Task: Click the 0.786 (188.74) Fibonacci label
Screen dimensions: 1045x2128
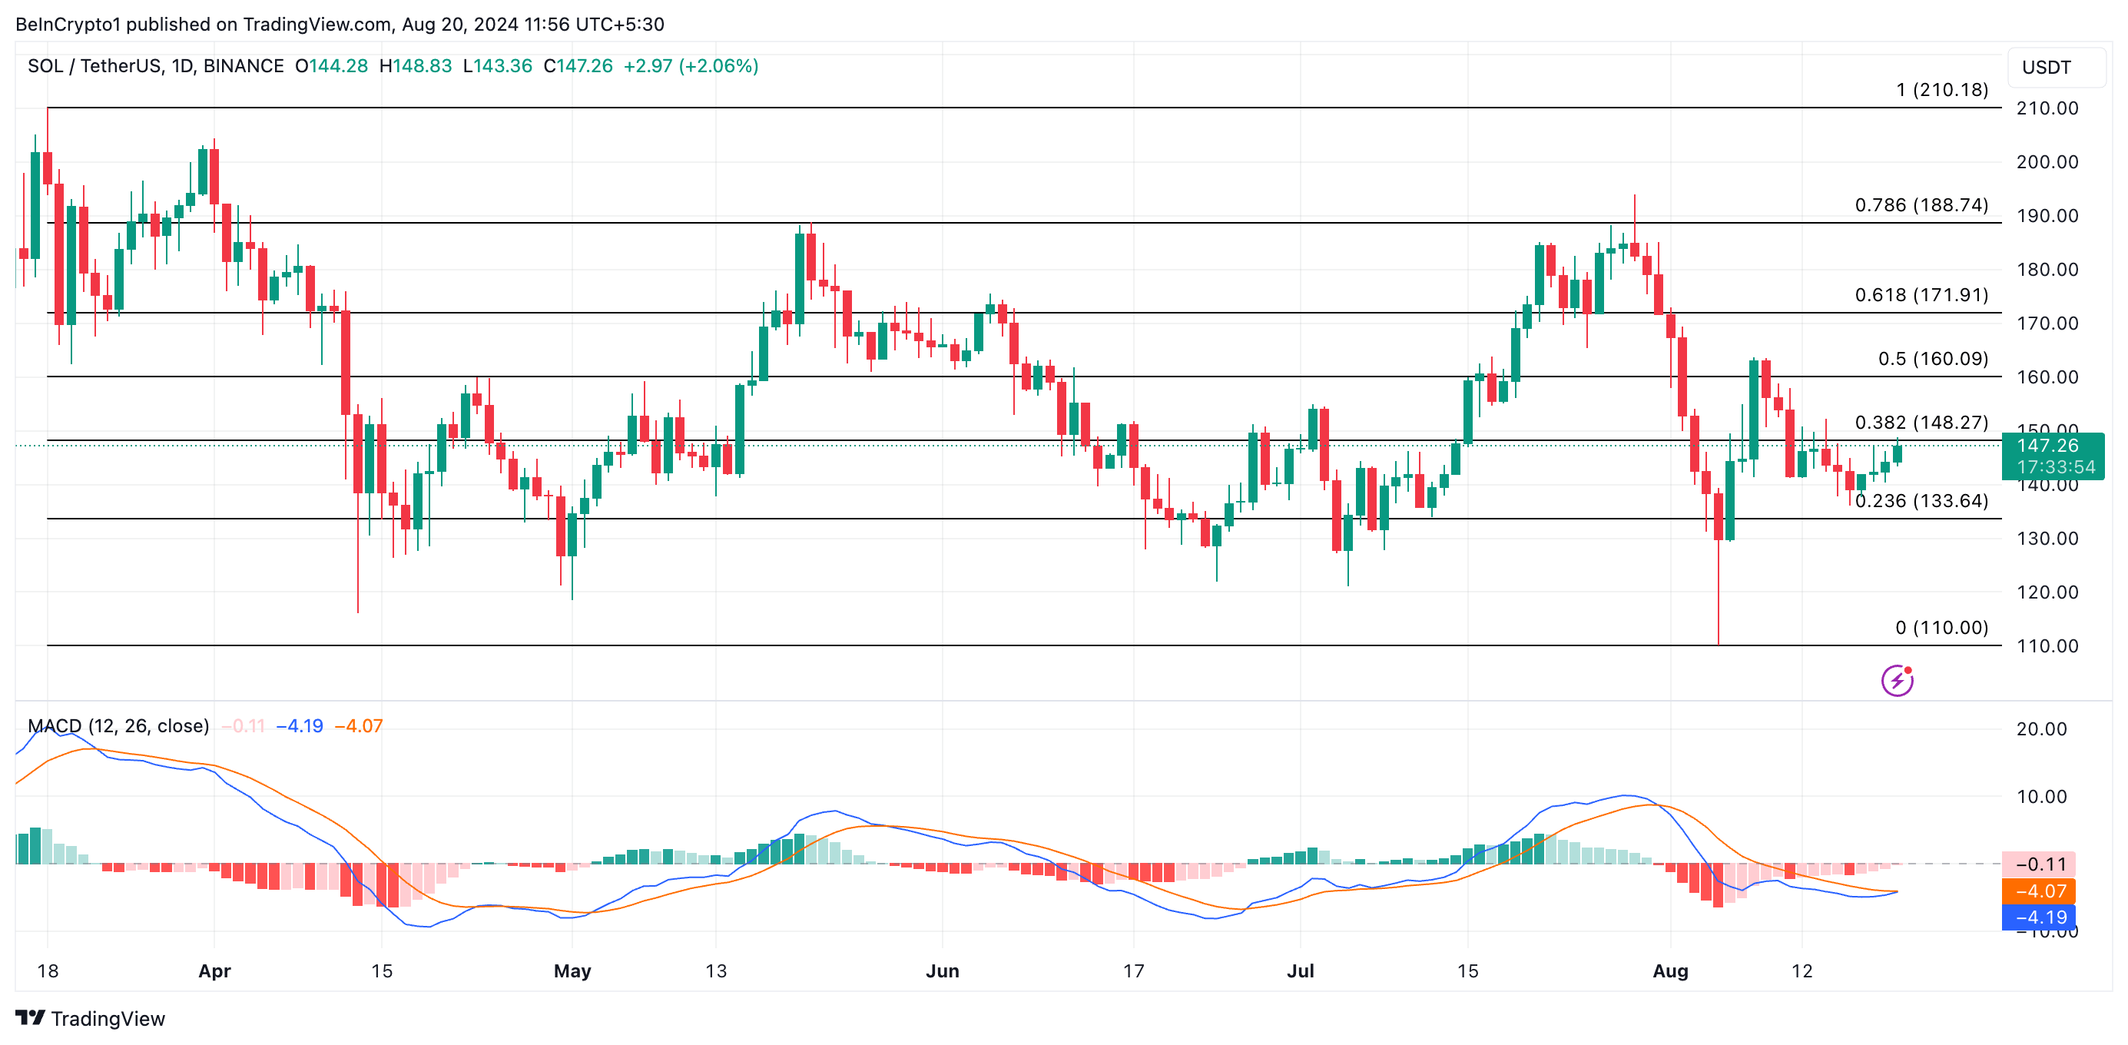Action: click(x=1921, y=205)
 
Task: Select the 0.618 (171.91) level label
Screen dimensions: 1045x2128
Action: click(x=1921, y=295)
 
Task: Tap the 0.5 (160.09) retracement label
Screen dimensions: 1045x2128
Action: click(x=1932, y=359)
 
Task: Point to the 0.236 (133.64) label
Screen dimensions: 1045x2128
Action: click(x=1921, y=501)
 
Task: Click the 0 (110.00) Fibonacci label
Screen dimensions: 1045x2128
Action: click(x=1941, y=628)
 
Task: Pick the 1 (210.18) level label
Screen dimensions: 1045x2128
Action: click(x=1941, y=90)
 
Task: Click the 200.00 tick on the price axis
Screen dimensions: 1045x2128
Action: click(x=2047, y=162)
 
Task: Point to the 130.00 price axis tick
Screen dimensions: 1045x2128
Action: click(x=2047, y=539)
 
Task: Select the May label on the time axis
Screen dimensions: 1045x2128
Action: click(x=572, y=970)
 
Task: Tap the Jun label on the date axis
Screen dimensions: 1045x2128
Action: click(x=942, y=970)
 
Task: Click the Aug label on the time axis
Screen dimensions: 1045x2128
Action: click(x=1669, y=970)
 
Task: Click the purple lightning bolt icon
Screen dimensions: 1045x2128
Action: click(x=1897, y=681)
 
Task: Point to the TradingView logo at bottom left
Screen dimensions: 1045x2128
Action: click(x=91, y=1019)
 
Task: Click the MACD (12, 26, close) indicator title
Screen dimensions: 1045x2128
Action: click(x=118, y=726)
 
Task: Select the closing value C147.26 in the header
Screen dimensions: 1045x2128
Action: click(x=578, y=66)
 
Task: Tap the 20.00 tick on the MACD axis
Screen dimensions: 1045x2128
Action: click(x=2040, y=729)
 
